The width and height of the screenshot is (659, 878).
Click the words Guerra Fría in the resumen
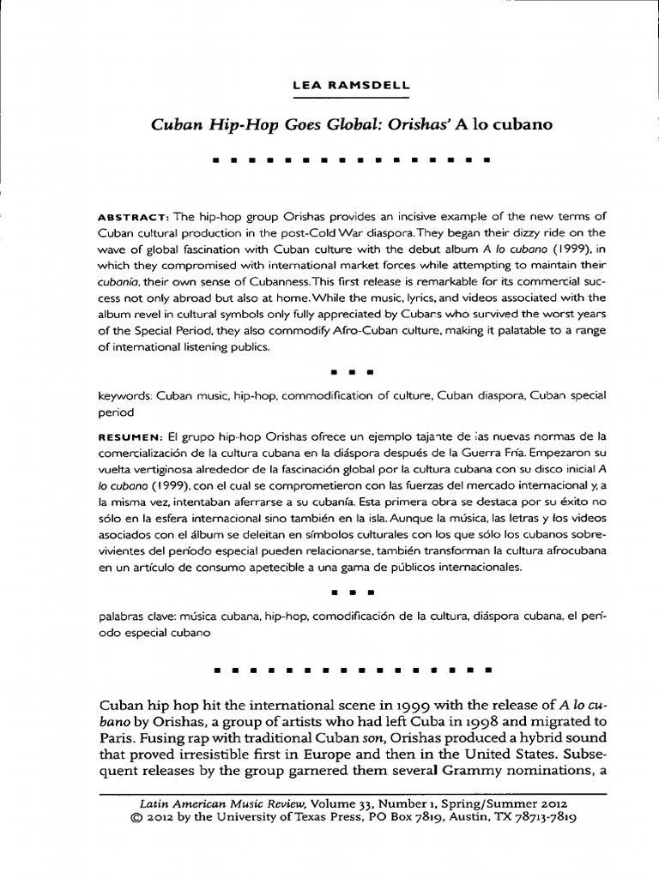[494, 452]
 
